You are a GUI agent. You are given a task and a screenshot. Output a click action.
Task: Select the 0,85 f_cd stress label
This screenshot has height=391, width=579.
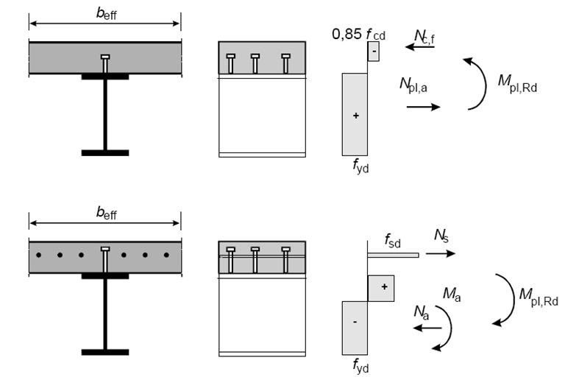360,34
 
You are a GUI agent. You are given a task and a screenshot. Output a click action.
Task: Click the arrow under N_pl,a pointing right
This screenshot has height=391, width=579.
423,107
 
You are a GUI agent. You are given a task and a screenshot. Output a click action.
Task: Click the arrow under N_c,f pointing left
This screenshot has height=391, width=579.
422,47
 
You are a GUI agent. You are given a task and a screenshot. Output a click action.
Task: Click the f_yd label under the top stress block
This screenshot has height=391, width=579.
360,167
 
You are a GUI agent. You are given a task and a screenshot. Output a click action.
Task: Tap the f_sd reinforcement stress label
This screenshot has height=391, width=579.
394,240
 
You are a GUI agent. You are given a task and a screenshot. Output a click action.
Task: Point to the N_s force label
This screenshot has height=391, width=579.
440,236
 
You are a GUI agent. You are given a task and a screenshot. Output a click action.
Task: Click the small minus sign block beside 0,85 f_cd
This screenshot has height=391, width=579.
373,52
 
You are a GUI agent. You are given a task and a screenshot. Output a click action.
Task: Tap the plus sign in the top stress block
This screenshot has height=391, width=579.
355,116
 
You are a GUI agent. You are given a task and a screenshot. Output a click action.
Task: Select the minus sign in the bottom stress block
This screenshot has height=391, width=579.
355,323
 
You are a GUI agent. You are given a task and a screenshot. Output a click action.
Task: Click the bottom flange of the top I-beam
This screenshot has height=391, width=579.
105,153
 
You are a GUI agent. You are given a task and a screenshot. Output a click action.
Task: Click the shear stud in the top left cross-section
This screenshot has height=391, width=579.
106,63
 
